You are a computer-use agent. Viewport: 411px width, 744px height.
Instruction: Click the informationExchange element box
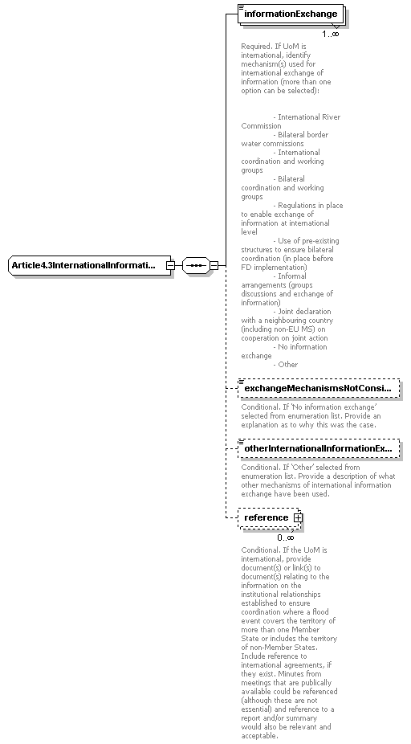[x=291, y=14]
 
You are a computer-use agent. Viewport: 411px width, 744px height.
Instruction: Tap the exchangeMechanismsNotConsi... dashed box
[x=318, y=389]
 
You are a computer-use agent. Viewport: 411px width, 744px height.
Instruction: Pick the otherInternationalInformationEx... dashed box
[x=318, y=448]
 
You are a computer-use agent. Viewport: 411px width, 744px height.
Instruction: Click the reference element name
[x=266, y=517]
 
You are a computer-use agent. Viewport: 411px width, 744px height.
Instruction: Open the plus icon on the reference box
[x=298, y=517]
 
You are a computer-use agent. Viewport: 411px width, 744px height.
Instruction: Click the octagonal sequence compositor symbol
[x=195, y=265]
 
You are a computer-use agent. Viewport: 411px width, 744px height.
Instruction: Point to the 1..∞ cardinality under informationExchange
[x=330, y=34]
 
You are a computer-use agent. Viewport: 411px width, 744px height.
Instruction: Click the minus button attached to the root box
[x=170, y=265]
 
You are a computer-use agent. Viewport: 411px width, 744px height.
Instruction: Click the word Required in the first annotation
[x=256, y=47]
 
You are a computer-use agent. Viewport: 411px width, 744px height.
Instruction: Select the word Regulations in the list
[x=298, y=206]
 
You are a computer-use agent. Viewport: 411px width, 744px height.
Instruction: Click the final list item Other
[x=287, y=365]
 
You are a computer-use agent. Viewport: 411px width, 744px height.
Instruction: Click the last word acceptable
[x=259, y=735]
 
